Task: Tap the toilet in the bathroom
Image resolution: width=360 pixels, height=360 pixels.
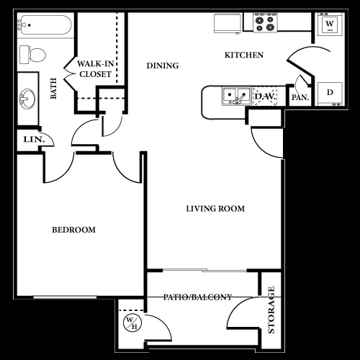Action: pos(33,53)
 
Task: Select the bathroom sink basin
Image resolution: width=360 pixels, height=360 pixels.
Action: pos(28,96)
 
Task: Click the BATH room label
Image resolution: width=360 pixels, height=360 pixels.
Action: pos(53,88)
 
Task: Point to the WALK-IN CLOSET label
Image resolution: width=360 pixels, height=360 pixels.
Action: pos(94,68)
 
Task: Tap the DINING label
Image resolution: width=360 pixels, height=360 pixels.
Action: pos(162,66)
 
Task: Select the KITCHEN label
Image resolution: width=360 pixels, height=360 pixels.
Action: pos(243,55)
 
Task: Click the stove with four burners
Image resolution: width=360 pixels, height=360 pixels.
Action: pos(264,24)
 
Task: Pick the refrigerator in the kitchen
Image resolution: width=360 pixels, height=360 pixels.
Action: pos(228,23)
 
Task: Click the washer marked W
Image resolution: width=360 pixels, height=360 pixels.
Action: pos(330,24)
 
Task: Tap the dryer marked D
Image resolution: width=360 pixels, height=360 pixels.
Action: pos(330,92)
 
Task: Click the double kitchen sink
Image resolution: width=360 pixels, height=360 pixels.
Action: pos(235,95)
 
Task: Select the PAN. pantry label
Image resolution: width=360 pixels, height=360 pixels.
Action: pos(300,96)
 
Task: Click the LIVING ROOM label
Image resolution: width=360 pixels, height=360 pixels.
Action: pos(215,209)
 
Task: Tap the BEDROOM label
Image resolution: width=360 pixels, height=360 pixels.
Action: pos(73,230)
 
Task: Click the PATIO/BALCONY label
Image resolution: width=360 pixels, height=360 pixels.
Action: pos(197,297)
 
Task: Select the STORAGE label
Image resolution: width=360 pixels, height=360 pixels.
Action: pos(271,310)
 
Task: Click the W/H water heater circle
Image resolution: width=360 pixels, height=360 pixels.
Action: pos(132,323)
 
